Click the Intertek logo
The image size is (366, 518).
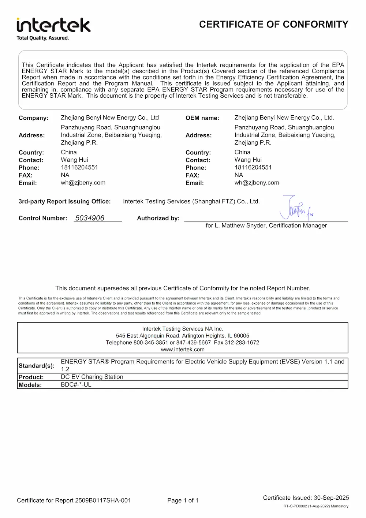(53, 26)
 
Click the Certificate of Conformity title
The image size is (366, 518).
(273, 25)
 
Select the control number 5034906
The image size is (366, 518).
(90, 218)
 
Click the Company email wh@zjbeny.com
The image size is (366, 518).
(83, 183)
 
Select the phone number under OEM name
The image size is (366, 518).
(253, 167)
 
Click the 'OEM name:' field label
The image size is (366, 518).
(202, 118)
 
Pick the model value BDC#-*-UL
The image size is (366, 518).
(76, 384)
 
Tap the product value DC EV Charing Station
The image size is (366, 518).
(92, 377)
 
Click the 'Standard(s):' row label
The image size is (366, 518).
(37, 365)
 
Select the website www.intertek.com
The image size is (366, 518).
(183, 349)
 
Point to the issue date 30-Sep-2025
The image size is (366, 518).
(331, 497)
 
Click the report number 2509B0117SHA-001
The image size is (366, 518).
(102, 500)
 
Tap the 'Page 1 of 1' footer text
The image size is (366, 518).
(183, 500)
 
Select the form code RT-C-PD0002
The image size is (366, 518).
(295, 506)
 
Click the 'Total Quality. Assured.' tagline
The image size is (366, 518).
(43, 38)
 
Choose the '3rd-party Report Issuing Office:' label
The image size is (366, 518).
(64, 201)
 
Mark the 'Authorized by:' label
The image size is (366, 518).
(158, 218)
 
